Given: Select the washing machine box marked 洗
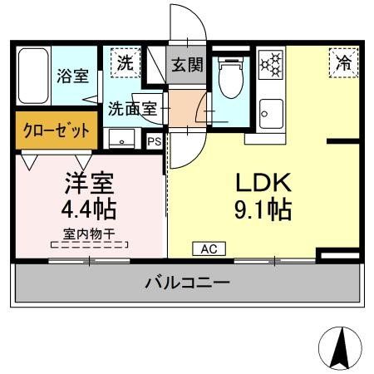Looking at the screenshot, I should tap(123, 62).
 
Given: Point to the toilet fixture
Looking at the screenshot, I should tap(229, 79).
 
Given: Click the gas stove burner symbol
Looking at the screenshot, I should tap(270, 64).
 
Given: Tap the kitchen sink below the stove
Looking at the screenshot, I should tap(271, 111).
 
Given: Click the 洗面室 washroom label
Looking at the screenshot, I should tap(131, 107).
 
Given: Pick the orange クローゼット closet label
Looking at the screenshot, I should tap(57, 131).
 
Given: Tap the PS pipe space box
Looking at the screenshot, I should tap(153, 141).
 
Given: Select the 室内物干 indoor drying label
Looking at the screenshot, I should tap(89, 233).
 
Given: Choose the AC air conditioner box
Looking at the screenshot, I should tap(209, 248).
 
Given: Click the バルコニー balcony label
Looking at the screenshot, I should tap(187, 283).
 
